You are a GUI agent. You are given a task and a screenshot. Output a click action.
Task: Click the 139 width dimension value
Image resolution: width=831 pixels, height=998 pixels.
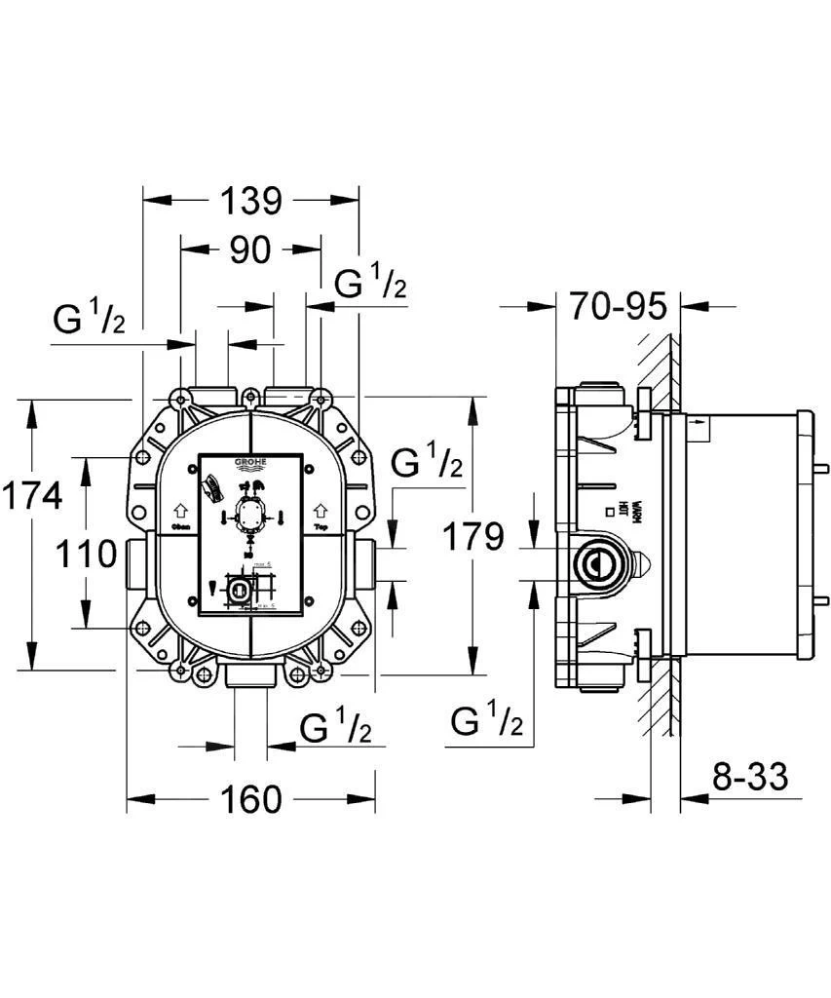[250, 201]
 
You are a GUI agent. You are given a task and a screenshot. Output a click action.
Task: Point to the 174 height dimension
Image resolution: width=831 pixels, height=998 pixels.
[30, 496]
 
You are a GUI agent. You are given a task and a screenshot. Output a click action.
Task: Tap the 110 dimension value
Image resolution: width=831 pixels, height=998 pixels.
[85, 555]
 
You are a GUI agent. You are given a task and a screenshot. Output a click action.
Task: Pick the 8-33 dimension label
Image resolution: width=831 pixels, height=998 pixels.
[748, 778]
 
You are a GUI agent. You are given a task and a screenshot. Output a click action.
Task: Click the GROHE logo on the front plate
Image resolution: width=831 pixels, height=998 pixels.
[250, 464]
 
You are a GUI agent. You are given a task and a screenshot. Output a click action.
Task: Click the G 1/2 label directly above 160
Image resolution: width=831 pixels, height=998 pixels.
[335, 728]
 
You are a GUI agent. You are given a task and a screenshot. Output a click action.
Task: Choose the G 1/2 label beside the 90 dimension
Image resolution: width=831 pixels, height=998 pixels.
[370, 284]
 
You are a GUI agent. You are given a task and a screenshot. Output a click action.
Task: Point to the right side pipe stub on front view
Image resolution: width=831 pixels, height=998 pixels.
[366, 562]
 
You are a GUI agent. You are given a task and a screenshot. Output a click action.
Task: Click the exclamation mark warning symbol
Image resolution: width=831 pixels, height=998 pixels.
[212, 588]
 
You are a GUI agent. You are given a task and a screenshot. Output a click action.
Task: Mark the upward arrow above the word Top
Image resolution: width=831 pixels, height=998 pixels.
[320, 510]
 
